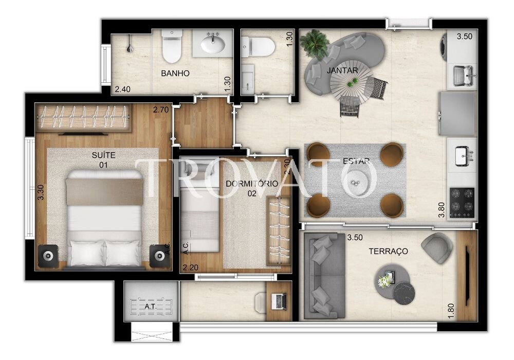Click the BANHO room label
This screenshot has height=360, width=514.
[175, 74]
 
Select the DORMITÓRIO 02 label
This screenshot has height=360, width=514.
[252, 188]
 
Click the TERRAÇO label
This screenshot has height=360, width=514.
[388, 251]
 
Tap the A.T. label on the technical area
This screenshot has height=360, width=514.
[151, 307]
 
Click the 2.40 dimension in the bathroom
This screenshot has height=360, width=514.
[123, 89]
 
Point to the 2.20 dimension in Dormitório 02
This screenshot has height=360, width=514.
[190, 267]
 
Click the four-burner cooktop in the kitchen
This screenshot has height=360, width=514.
[462, 203]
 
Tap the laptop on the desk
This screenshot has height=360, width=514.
[279, 301]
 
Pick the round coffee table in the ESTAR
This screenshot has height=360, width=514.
[355, 183]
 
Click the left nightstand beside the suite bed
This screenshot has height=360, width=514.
[48, 255]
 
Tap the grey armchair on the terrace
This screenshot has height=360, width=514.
[437, 247]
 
